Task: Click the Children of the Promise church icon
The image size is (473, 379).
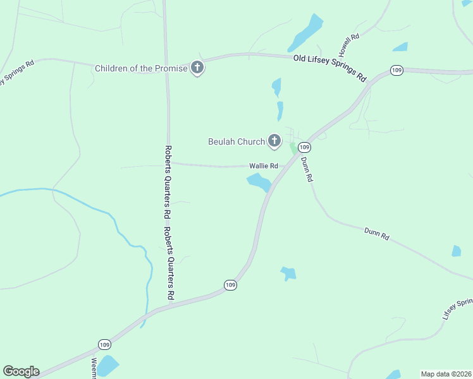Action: (197, 68)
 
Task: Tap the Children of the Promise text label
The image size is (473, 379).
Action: (141, 68)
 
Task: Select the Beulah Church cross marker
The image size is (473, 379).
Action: (274, 141)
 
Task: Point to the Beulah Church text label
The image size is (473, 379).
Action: (236, 141)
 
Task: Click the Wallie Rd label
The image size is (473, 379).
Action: (264, 166)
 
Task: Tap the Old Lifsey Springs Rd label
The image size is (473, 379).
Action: (330, 68)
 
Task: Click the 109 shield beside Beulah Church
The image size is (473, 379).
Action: (305, 147)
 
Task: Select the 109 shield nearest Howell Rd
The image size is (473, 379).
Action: (396, 70)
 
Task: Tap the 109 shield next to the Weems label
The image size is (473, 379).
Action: (104, 344)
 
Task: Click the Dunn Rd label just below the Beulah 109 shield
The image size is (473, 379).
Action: (307, 169)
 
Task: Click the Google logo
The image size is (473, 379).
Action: (21, 371)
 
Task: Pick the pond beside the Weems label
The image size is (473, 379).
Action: (107, 366)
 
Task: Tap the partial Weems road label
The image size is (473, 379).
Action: (94, 368)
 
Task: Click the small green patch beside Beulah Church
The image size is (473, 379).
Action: (293, 148)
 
